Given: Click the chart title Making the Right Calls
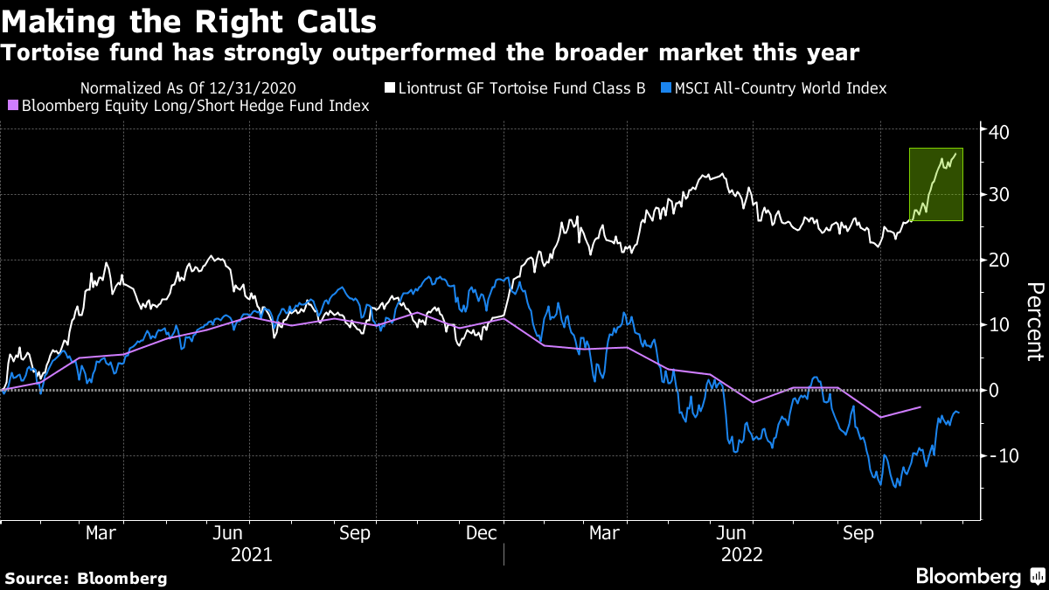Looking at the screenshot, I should coord(189,19).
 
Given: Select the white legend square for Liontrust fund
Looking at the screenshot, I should coord(391,88).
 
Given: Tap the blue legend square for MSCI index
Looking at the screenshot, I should coord(667,88).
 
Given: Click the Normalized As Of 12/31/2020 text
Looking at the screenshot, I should coord(187,88).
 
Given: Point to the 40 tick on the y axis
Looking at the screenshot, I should coord(999,132).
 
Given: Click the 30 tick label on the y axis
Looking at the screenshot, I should coord(999,195).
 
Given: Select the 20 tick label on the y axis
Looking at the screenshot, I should coord(999,260).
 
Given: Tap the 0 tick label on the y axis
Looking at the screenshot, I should coord(994,391).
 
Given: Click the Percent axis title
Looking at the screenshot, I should coord(1034,322).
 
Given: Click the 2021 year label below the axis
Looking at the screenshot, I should coord(251,554).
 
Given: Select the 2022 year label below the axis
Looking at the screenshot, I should coord(742,554).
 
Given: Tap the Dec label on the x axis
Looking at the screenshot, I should coord(482,532).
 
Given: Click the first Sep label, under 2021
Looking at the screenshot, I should coord(354,532).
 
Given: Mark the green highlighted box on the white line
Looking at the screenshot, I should coord(935,184).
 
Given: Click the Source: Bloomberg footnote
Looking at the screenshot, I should coord(85,578).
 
